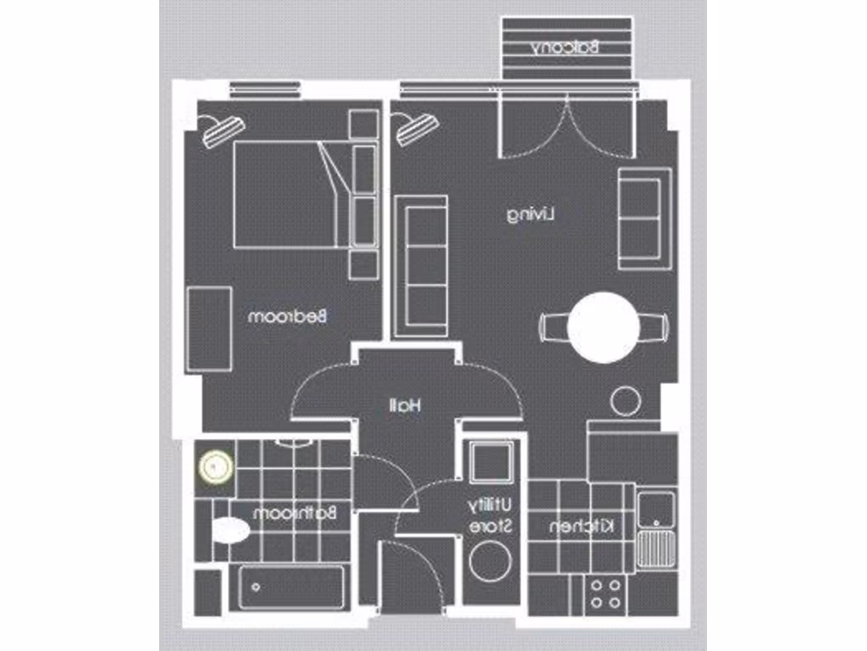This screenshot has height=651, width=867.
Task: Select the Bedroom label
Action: coord(288,317)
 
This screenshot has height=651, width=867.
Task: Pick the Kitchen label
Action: coord(583,527)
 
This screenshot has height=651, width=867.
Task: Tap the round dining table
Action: coord(603,327)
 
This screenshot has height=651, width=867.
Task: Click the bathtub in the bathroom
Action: coord(291,586)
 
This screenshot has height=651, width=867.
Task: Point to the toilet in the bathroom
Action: coord(229,531)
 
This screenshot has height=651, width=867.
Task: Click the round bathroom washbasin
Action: coord(216,465)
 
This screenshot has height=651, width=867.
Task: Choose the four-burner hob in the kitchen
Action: coord(605,593)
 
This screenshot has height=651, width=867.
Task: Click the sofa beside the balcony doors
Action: coord(645,218)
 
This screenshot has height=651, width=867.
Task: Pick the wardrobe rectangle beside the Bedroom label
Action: coord(209,328)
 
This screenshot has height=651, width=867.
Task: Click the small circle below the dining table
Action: coord(627,401)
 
